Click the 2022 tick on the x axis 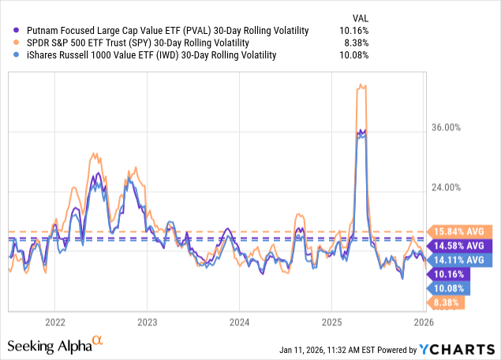[54, 322]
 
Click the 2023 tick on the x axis [147, 322]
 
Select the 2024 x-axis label [239, 322]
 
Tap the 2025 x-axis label [331, 322]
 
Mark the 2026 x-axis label [423, 322]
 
